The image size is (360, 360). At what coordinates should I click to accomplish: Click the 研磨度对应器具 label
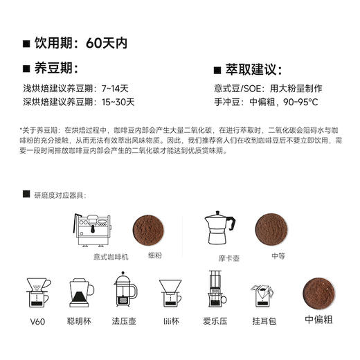tap(64, 196)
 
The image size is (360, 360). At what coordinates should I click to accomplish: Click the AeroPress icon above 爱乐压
tap(215, 290)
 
